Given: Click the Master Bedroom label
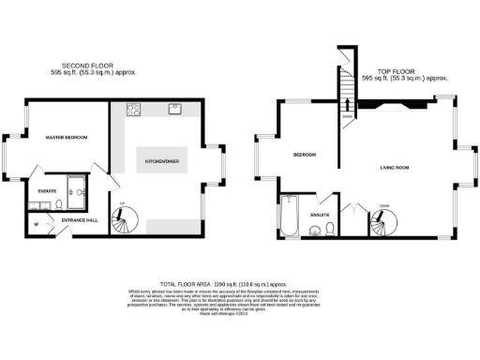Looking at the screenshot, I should click(x=67, y=138).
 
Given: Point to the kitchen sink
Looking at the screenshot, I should click(x=175, y=109).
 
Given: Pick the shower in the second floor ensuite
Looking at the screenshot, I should click(x=76, y=190).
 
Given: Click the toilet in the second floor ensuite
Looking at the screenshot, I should click(x=58, y=202).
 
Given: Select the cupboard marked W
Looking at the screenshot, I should click(x=35, y=224).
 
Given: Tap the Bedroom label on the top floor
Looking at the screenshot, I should click(x=305, y=155).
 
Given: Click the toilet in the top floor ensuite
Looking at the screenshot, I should click(x=316, y=225).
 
